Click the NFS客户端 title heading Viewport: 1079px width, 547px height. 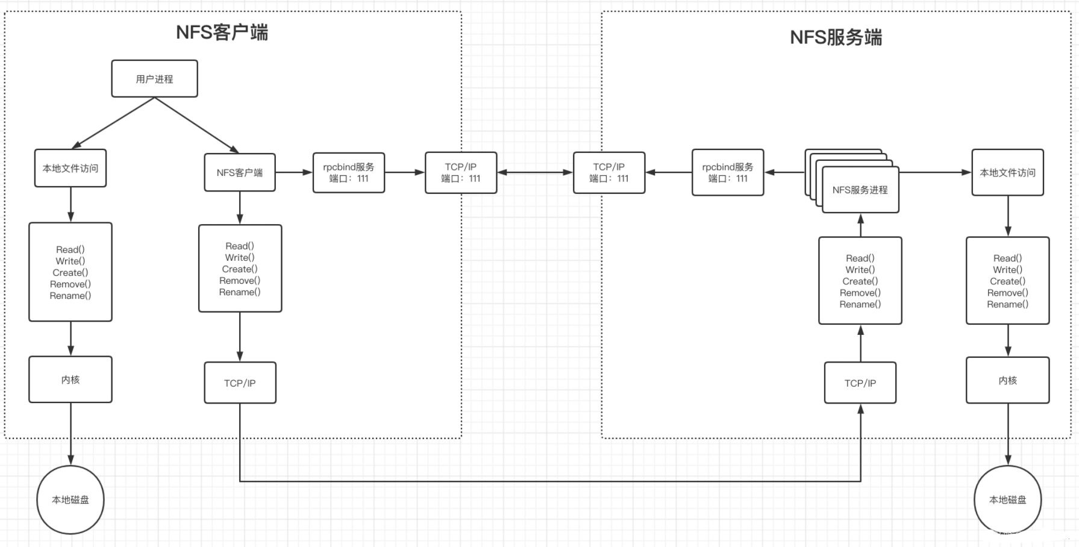point(222,32)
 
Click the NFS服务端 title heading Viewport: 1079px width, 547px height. point(836,37)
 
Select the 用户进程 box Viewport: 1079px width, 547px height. point(154,79)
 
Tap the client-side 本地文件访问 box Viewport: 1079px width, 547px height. point(70,169)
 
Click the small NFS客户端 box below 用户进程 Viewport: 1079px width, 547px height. point(240,173)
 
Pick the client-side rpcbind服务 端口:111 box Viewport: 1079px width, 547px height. point(349,173)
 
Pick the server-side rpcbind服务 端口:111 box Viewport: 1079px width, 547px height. point(728,173)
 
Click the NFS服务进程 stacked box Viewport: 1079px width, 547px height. point(860,190)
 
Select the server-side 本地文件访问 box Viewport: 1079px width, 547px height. point(1007,173)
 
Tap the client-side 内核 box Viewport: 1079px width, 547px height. point(70,380)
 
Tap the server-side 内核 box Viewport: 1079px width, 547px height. point(1007,381)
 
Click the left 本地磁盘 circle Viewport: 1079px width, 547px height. point(70,500)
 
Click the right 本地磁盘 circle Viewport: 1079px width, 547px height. point(1007,500)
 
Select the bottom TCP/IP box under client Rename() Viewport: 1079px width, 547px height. point(240,383)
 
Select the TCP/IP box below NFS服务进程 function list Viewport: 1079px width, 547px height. point(860,383)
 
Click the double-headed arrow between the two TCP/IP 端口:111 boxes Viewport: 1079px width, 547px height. point(535,173)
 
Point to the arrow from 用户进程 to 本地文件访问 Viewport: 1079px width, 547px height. point(113,123)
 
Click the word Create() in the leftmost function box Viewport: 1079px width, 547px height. point(70,273)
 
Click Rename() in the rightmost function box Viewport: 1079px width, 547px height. point(1007,304)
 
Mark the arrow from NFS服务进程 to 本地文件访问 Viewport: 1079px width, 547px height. point(935,173)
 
